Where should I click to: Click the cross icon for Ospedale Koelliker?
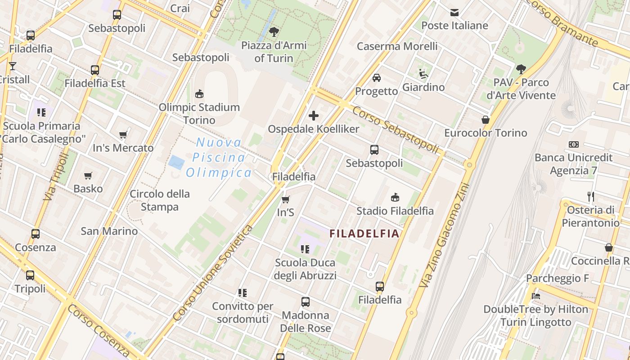tap(314, 116)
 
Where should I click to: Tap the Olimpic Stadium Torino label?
tap(199, 114)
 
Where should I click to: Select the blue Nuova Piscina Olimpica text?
tap(219, 158)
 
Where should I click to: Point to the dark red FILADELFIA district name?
tap(364, 234)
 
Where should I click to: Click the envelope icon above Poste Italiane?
tap(454, 13)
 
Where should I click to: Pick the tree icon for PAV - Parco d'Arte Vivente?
tap(521, 69)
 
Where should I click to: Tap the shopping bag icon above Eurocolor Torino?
tap(486, 120)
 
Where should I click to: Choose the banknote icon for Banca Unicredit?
tap(573, 144)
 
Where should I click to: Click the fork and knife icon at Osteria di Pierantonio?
tap(591, 197)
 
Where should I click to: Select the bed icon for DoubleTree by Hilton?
tap(535, 296)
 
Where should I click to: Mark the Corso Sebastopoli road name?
tap(395, 130)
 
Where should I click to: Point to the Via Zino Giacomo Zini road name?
tap(443, 235)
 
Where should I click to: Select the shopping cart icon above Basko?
tap(88, 176)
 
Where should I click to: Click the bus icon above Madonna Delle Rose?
tap(306, 302)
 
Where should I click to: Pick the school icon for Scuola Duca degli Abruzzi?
tap(306, 249)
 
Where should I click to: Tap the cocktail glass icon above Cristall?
tap(12, 66)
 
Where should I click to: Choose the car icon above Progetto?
tap(377, 78)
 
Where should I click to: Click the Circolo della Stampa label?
tap(160, 200)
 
